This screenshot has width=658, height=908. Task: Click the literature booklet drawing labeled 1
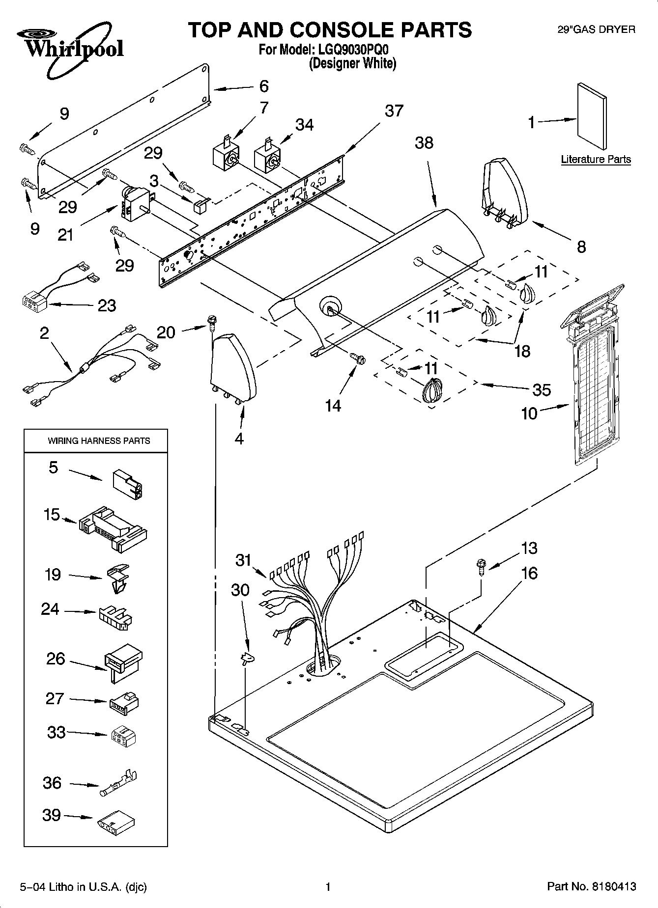(x=592, y=116)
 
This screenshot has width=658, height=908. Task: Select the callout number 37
(x=394, y=111)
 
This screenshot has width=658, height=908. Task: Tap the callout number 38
(x=424, y=143)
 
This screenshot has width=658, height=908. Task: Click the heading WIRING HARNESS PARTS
(x=99, y=441)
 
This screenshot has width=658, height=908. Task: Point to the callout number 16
(x=529, y=573)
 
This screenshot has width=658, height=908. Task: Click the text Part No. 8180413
(x=592, y=887)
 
